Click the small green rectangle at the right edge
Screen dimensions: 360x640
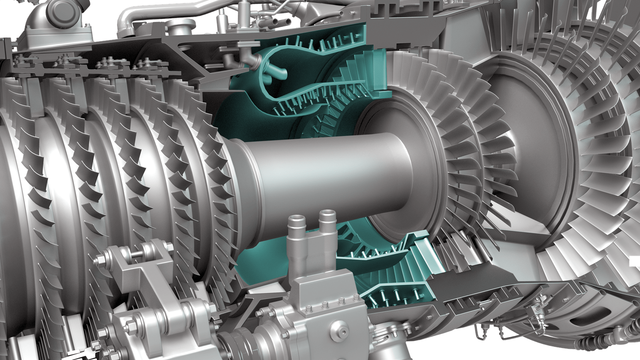(x=635, y=261)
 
